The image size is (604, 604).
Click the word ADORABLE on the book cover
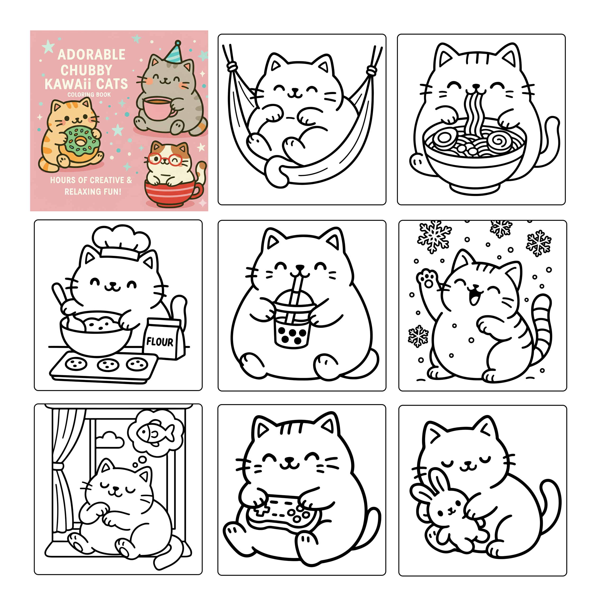(x=91, y=55)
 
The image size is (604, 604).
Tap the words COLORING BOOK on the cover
(x=89, y=95)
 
